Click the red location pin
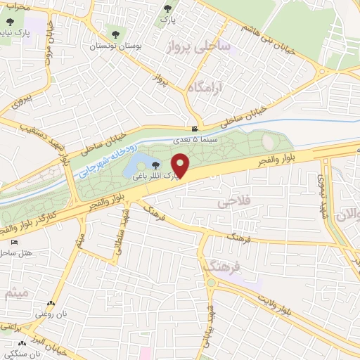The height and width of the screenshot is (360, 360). [181, 165]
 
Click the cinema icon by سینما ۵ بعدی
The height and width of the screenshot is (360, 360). [195, 129]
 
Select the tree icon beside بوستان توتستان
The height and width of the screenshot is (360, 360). [115, 33]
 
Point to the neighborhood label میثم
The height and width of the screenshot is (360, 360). [15, 293]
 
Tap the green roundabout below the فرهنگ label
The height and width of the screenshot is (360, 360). [210, 283]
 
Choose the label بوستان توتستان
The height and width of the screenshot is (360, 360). [112, 46]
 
